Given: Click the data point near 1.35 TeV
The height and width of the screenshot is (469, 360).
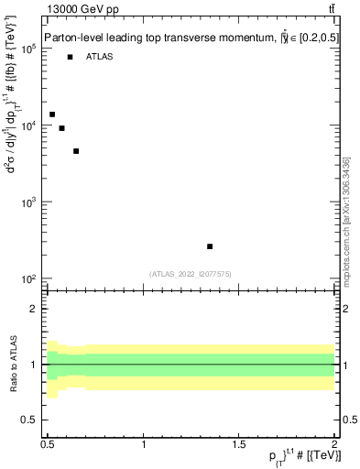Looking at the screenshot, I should coord(210,246).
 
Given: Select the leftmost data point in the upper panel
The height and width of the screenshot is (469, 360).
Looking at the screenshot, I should coord(52,115).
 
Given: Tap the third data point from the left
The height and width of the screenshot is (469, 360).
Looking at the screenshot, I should coord(76,151).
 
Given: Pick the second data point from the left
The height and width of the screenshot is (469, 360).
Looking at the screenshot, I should coord(61,128).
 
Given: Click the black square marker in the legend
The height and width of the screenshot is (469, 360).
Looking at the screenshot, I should coord(70,57).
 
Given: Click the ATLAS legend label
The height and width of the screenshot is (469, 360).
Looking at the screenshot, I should coord(100,57).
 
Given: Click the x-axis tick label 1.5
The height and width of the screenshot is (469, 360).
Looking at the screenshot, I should coord(239,444).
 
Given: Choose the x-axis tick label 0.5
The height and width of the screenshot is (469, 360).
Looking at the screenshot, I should coord(48,444).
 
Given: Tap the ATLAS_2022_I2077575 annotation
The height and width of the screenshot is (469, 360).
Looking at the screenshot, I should coord(190,274).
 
